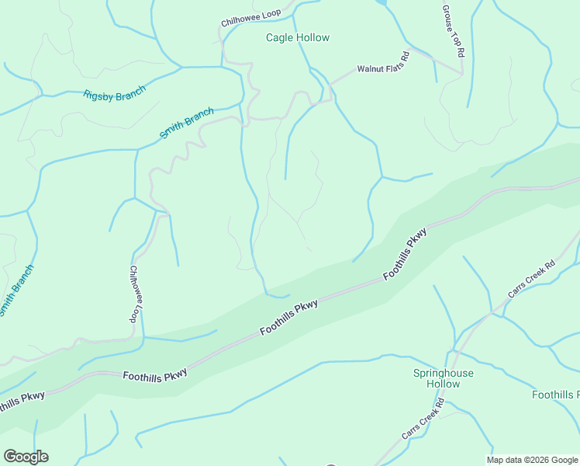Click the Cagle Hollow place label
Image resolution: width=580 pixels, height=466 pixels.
coord(297,37)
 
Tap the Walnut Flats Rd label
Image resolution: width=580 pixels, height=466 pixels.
coord(382,63)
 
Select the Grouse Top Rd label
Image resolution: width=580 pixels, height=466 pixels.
coord(453,31)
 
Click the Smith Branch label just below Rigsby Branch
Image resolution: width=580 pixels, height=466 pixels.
coord(187,123)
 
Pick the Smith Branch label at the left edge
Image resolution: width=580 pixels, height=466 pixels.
coord(16,291)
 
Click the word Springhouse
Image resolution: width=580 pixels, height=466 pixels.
coord(443,374)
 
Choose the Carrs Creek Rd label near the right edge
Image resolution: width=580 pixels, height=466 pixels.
coord(532,279)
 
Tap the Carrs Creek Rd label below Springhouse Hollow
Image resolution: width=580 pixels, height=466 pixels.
coord(423,419)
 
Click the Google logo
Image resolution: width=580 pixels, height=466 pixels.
coord(26,457)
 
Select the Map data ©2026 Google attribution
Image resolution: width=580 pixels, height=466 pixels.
coord(531,460)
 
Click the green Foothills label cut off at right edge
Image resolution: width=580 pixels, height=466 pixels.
coord(555,395)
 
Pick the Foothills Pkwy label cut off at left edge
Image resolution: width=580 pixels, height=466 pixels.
coord(21,400)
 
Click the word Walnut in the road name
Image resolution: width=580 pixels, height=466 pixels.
coord(369,68)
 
